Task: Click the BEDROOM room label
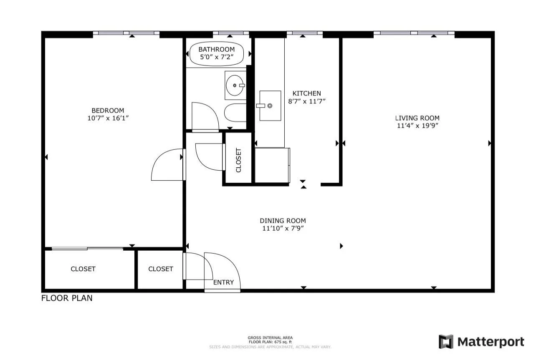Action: tap(108, 111)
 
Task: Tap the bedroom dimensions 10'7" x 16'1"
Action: tap(108, 118)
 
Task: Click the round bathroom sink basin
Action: tap(235, 86)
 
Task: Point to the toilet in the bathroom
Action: tap(235, 113)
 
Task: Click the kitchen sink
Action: tap(270, 106)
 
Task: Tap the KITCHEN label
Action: tap(306, 93)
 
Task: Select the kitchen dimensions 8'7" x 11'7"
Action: tap(306, 101)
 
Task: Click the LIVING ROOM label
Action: tap(418, 118)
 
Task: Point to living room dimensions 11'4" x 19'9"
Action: tap(418, 126)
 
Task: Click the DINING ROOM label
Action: tap(283, 221)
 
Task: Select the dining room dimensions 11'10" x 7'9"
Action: tap(283, 228)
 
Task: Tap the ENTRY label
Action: tap(223, 282)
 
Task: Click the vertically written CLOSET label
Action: tap(239, 160)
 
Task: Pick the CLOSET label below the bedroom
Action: tap(83, 269)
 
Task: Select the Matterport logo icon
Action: tap(446, 342)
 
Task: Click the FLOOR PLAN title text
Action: tap(67, 298)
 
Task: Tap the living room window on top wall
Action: tap(414, 33)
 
